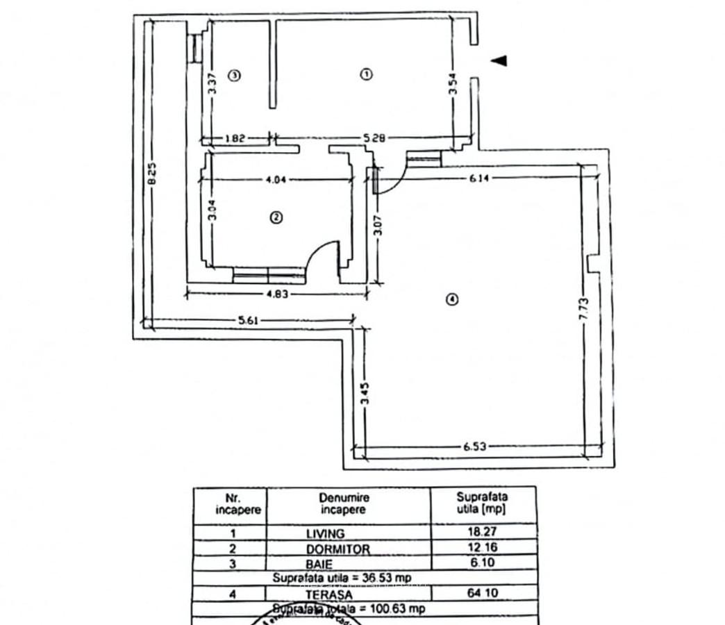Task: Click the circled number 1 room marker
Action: (x=367, y=74)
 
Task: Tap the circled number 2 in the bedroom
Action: (x=276, y=217)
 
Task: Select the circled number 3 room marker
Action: (x=235, y=75)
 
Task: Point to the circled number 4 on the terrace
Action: (x=452, y=300)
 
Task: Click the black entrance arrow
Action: (x=499, y=61)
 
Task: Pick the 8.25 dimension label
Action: (x=153, y=173)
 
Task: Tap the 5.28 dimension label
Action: (x=374, y=139)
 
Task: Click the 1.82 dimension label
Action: (x=235, y=139)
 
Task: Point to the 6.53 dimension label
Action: (x=475, y=447)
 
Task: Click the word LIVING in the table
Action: (x=325, y=534)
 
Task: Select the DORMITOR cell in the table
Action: (x=338, y=549)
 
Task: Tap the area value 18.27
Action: (x=482, y=533)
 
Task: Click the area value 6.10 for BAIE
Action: (x=482, y=562)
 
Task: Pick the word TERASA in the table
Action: (x=328, y=594)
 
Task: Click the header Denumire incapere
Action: (x=344, y=503)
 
